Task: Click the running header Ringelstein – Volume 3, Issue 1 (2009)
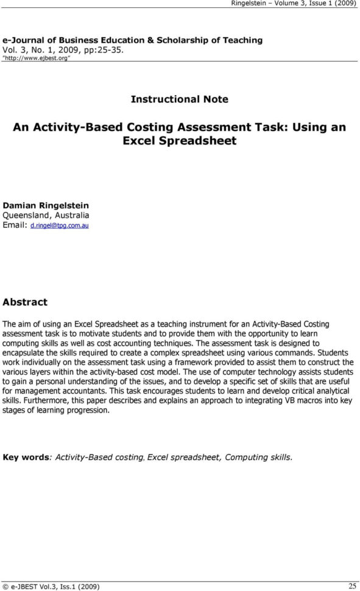click(x=294, y=4)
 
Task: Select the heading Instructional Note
click(x=180, y=99)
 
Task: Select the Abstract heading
click(x=25, y=302)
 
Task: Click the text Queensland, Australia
click(x=46, y=215)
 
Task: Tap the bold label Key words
click(x=26, y=457)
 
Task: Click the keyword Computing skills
click(x=258, y=457)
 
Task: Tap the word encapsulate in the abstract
click(x=24, y=353)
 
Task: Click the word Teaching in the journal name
click(x=242, y=40)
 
